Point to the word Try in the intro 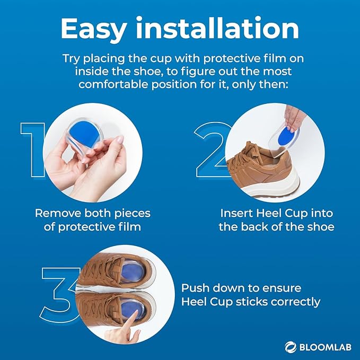72,57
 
